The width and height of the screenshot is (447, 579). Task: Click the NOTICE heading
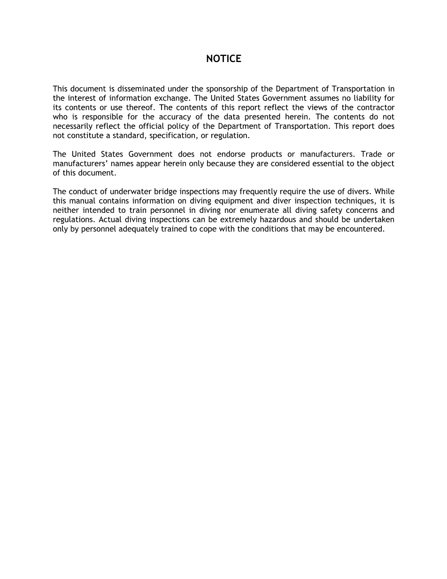click(223, 59)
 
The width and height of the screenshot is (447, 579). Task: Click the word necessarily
click(73, 126)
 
